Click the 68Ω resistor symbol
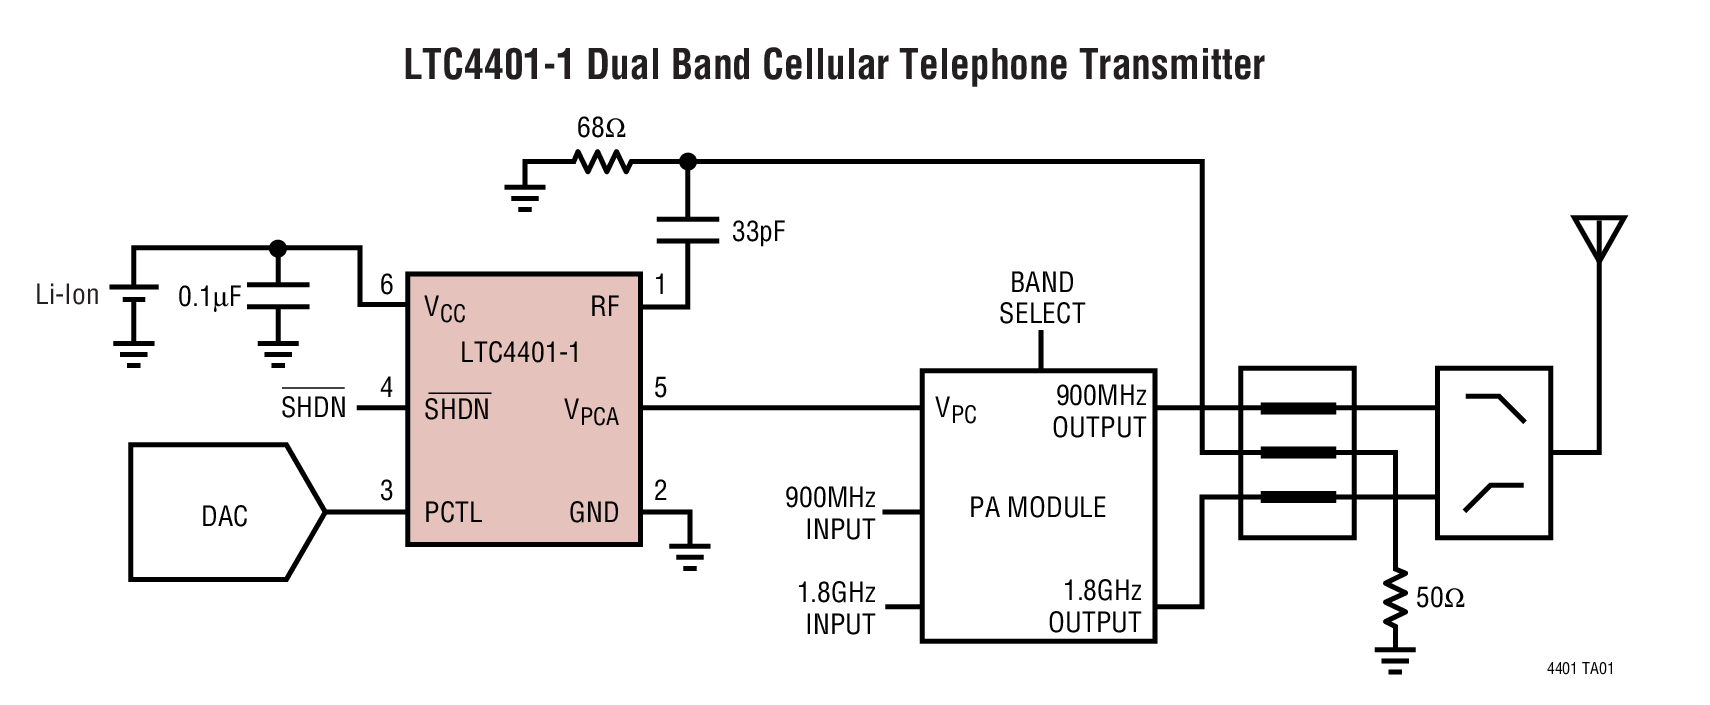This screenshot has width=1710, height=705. pyautogui.click(x=601, y=161)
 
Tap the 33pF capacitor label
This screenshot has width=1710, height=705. pyautogui.click(x=758, y=232)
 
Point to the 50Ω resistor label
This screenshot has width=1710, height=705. pyautogui.click(x=1440, y=599)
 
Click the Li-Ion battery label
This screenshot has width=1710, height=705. pyautogui.click(x=67, y=295)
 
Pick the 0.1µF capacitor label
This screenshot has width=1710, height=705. pyautogui.click(x=209, y=297)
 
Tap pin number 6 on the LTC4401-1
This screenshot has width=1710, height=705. pyautogui.click(x=387, y=285)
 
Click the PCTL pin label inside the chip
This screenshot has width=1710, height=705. pyautogui.click(x=453, y=512)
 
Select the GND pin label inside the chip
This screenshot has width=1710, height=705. pyautogui.click(x=594, y=512)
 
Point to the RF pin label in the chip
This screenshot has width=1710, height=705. pyautogui.click(x=604, y=306)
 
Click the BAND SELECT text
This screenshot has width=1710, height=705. pyautogui.click(x=1041, y=298)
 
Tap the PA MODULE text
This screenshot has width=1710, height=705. pyautogui.click(x=1037, y=507)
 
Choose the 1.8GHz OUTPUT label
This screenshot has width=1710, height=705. pyautogui.click(x=1096, y=606)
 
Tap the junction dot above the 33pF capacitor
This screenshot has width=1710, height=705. pyautogui.click(x=687, y=161)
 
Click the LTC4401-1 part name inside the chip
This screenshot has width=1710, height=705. pyautogui.click(x=519, y=352)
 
